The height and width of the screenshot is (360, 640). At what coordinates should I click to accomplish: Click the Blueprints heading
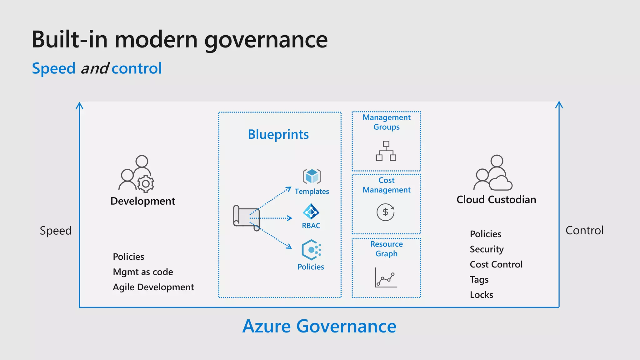(x=278, y=134)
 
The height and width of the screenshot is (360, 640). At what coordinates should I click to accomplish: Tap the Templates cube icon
(x=312, y=177)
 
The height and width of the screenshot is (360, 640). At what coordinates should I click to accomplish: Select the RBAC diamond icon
(x=311, y=212)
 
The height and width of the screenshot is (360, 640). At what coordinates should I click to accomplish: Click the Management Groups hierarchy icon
(x=386, y=151)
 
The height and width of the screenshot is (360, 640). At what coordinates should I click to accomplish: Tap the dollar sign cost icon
(x=386, y=212)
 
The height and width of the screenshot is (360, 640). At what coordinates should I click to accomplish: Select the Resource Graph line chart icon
(x=386, y=277)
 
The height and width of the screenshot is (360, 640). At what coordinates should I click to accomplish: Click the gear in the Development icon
(x=146, y=184)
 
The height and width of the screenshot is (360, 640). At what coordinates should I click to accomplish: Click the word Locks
(x=481, y=295)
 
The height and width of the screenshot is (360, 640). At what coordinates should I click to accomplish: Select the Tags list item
(x=479, y=279)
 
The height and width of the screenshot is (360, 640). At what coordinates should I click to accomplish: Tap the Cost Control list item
(x=496, y=264)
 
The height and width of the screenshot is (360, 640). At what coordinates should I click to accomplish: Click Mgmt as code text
(x=143, y=272)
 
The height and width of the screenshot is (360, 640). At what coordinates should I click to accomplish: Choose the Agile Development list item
(x=153, y=287)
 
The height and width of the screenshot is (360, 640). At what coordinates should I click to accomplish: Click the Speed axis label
(x=56, y=231)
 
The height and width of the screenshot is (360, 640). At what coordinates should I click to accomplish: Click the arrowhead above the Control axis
(x=559, y=104)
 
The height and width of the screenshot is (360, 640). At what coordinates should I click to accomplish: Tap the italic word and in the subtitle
(x=94, y=68)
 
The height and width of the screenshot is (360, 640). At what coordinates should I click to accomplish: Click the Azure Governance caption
(x=319, y=326)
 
